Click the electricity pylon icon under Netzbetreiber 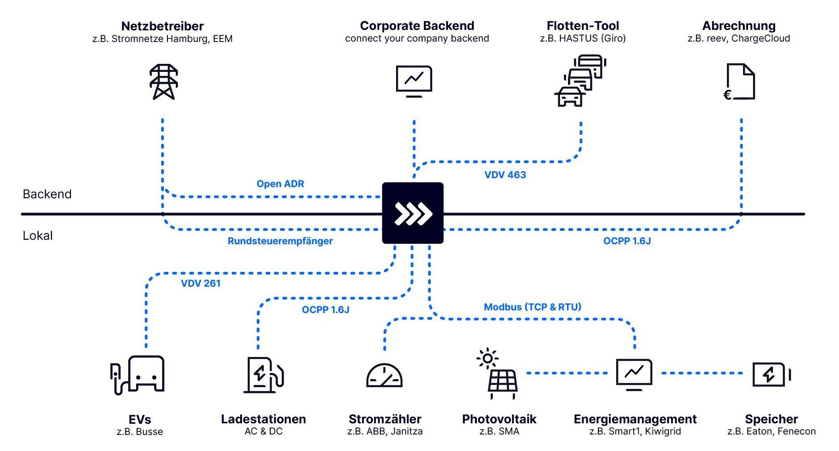163,82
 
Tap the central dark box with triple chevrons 413,213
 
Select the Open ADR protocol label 280,184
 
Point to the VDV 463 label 505,175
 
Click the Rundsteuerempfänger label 280,241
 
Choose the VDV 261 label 200,283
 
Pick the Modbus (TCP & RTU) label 532,307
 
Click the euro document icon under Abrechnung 739,82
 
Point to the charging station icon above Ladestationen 263,375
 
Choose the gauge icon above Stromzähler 384,376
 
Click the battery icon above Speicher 771,374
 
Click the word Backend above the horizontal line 47,194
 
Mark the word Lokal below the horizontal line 38,236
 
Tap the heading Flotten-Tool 582,26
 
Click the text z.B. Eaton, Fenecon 771,431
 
